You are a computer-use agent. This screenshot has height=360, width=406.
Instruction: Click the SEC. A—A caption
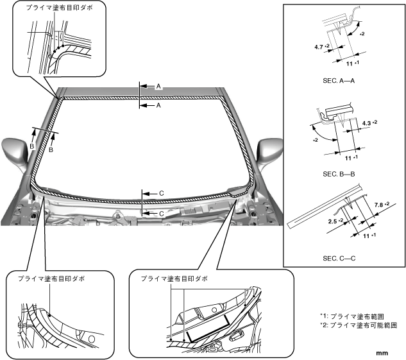coord(339,81)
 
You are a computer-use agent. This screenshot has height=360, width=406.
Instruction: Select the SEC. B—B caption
coord(339,174)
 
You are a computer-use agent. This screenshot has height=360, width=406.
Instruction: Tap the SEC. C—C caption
coord(339,258)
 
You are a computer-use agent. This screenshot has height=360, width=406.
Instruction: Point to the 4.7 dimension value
coord(319,47)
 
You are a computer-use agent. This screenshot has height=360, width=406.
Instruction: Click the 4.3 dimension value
coord(366,124)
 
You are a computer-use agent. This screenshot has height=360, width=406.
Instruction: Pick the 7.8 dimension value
coord(378,205)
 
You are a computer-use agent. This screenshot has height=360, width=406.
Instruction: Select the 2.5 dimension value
coord(332,221)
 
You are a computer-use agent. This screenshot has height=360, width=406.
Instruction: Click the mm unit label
coord(382,353)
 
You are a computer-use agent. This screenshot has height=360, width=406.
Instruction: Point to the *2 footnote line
coord(359,325)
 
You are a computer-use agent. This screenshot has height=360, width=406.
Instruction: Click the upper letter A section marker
coord(158,86)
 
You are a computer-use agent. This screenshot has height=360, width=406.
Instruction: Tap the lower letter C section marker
coord(162,214)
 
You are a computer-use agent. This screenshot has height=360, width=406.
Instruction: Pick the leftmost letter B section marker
coord(32,146)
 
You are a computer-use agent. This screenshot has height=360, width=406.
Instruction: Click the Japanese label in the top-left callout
coord(59,8)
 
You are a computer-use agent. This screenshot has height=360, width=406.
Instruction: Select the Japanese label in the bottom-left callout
coord(51,279)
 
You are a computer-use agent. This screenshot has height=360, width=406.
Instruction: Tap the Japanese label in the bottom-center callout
coord(174,279)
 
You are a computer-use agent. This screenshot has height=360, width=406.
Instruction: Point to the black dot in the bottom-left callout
coord(49,315)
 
